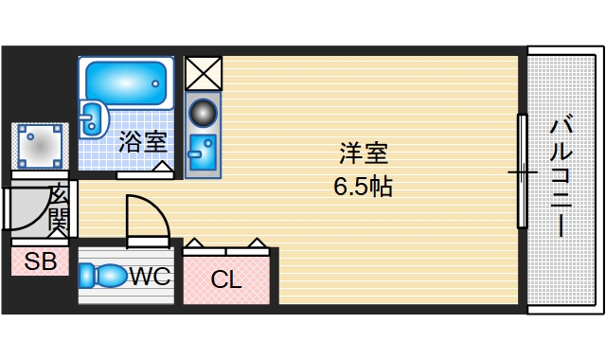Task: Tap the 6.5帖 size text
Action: point(363,186)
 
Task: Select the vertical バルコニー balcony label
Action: point(561,175)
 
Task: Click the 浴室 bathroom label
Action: point(143,143)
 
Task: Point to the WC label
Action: point(150,277)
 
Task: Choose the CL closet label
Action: point(226,279)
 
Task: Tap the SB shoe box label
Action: point(40,261)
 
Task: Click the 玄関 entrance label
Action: point(57,209)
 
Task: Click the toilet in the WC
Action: point(104,276)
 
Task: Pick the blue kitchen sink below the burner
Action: point(203,151)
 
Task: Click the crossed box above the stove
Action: point(203,72)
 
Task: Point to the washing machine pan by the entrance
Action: point(40,147)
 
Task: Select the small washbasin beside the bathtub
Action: point(94,118)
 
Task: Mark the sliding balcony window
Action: point(521,171)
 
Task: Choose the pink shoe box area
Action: point(40,261)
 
